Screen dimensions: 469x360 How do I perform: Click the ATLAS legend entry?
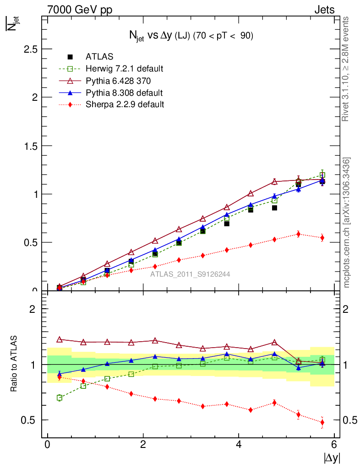[x=99, y=57]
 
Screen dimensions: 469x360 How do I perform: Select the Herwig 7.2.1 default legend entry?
[x=124, y=69]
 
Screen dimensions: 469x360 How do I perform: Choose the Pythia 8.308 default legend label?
[x=124, y=93]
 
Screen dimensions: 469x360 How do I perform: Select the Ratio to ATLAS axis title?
[x=13, y=364]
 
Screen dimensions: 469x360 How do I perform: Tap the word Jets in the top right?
[x=324, y=10]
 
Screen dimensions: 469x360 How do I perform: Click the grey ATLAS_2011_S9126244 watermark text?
[x=190, y=274]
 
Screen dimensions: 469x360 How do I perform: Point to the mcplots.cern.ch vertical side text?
[x=347, y=222]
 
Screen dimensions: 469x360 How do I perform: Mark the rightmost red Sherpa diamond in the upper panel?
[x=322, y=238]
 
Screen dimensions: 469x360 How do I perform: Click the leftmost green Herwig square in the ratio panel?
[x=60, y=398]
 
